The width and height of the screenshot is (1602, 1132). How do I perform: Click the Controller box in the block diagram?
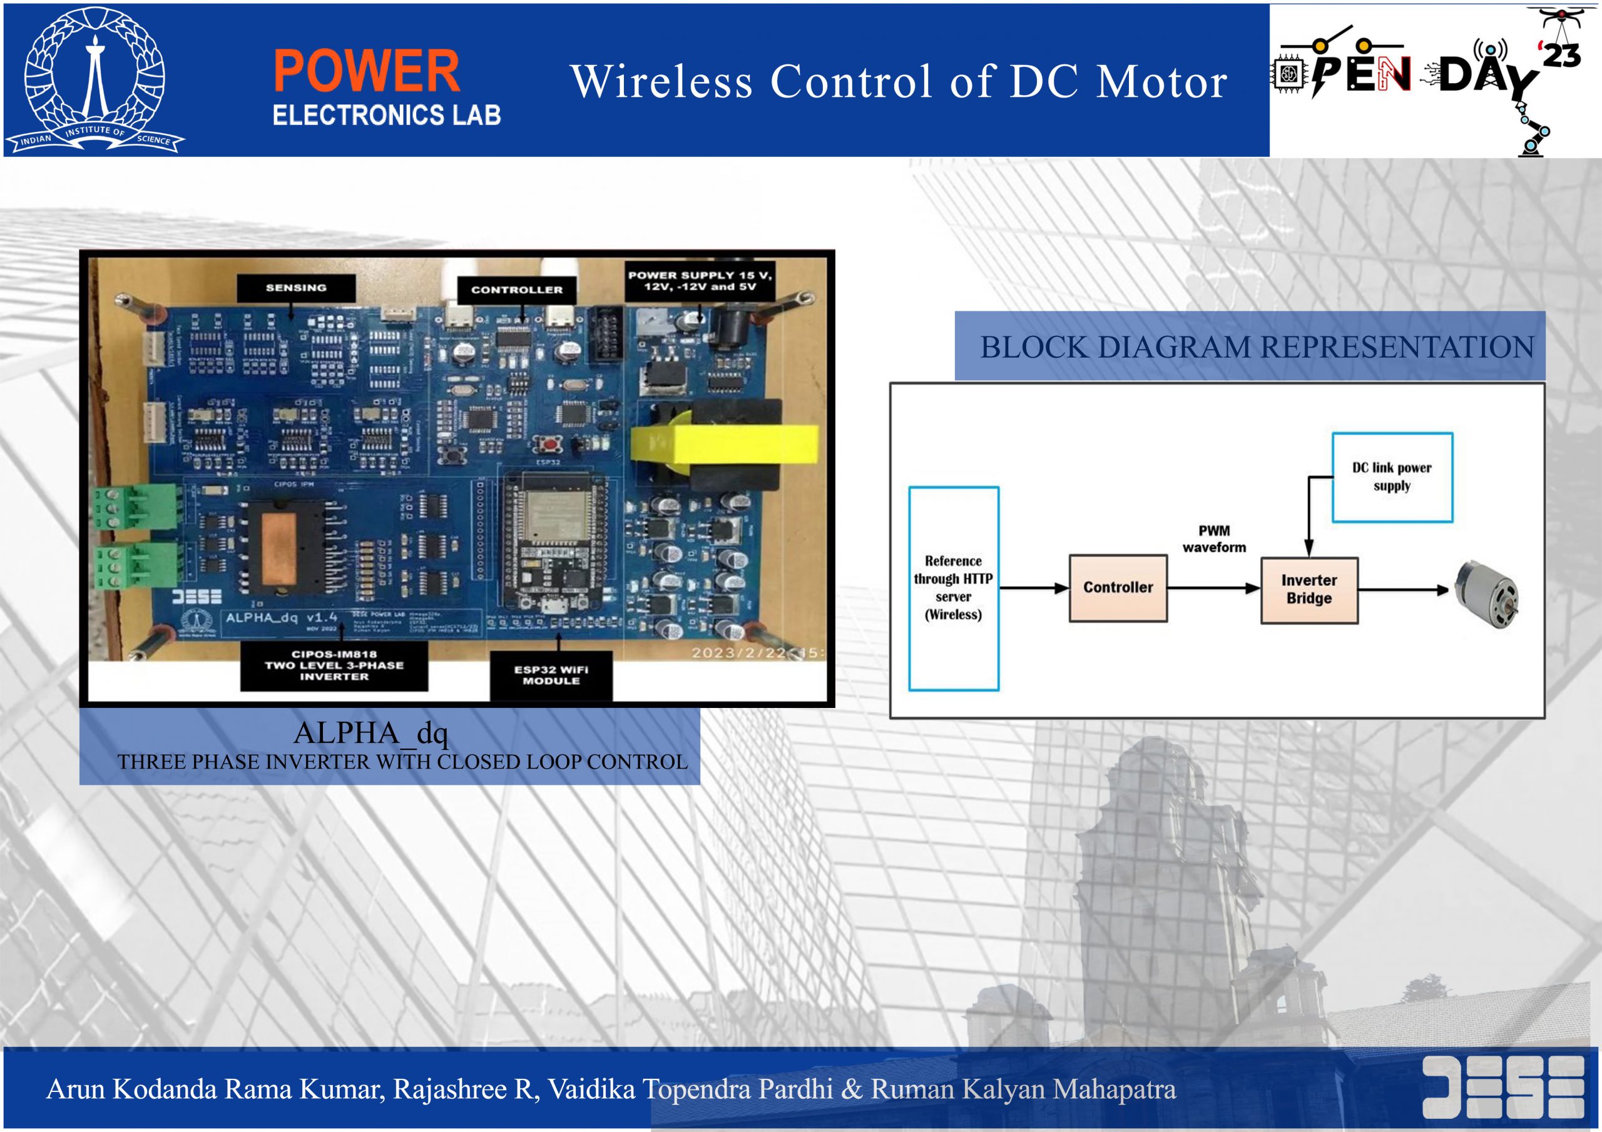(1118, 587)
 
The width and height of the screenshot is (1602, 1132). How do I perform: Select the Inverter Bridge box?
(1309, 589)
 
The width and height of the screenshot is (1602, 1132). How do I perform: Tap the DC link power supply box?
(1392, 477)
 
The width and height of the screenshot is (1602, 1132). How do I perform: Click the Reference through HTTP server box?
(953, 588)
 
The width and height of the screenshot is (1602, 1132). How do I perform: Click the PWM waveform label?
(1214, 538)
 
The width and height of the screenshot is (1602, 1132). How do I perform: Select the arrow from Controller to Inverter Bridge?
(1214, 588)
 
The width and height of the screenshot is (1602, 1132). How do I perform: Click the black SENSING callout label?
(296, 287)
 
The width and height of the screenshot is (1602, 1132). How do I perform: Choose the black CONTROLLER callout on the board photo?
(516, 290)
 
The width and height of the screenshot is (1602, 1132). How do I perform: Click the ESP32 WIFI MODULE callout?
(551, 675)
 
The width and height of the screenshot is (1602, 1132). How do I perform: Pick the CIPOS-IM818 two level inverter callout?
(334, 665)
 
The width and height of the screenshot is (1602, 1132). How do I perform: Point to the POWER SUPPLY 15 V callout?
(700, 281)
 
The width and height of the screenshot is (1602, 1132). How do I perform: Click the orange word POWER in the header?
(366, 71)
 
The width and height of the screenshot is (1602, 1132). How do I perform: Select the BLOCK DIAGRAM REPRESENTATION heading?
(1257, 347)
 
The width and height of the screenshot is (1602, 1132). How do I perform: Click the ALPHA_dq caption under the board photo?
(370, 733)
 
